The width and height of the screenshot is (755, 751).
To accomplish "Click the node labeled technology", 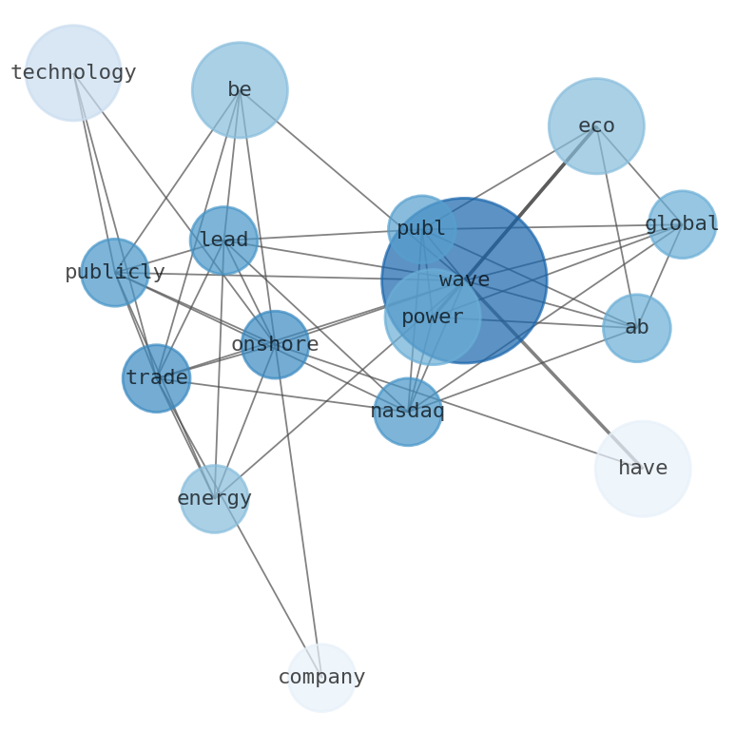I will coord(73,72).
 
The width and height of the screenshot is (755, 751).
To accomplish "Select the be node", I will coord(240,90).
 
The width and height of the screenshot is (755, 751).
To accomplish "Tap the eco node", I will coord(596,125).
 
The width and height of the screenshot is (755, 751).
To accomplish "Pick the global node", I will coord(682,224).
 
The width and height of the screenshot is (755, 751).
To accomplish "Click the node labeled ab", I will coord(636,328).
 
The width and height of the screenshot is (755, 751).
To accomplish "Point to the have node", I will coord(643,469).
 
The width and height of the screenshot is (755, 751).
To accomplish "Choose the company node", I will coord(321,678).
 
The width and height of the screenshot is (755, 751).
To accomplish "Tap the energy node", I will coord(215,498).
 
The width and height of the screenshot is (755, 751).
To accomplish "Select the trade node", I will coord(157,378).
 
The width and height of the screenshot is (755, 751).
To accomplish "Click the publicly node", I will coord(115,273).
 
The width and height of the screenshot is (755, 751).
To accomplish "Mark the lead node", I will coord(223,241).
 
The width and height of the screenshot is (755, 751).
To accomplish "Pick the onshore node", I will coord(275,344).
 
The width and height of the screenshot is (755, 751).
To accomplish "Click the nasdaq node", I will coord(408,412).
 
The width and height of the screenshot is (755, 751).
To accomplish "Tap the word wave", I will coord(464,280).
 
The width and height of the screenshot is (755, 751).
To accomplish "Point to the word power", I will coord(433,318).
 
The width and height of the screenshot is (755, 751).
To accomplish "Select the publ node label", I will coord(421,229).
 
